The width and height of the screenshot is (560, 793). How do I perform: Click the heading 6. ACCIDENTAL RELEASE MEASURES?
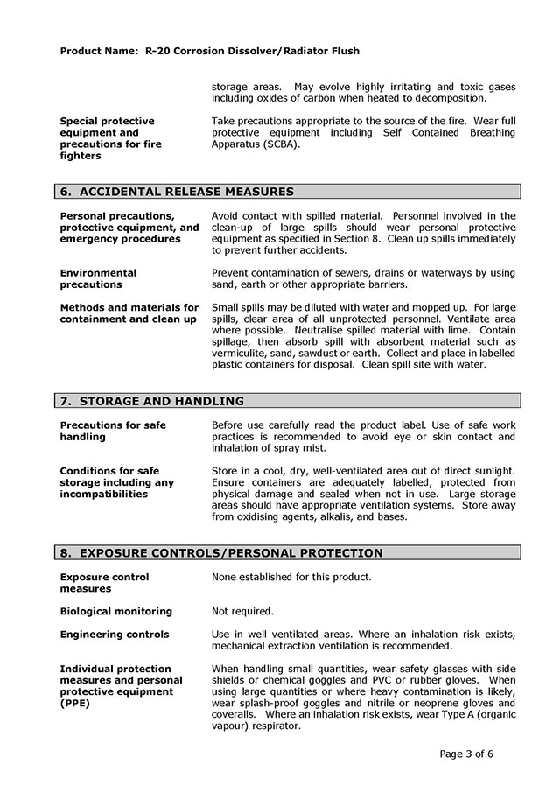pyautogui.click(x=176, y=192)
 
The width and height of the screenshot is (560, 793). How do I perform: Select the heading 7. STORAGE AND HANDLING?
pyautogui.click(x=151, y=401)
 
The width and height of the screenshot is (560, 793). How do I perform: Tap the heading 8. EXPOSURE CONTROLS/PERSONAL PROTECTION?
pyautogui.click(x=220, y=552)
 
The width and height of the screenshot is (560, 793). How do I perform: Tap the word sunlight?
pyautogui.click(x=490, y=471)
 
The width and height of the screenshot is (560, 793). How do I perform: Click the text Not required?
pyautogui.click(x=242, y=611)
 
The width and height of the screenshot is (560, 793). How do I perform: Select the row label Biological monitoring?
pyautogui.click(x=116, y=611)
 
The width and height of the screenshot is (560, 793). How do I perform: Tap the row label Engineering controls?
pyautogui.click(x=115, y=634)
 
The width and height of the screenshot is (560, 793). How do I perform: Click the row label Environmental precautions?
pyautogui.click(x=98, y=278)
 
